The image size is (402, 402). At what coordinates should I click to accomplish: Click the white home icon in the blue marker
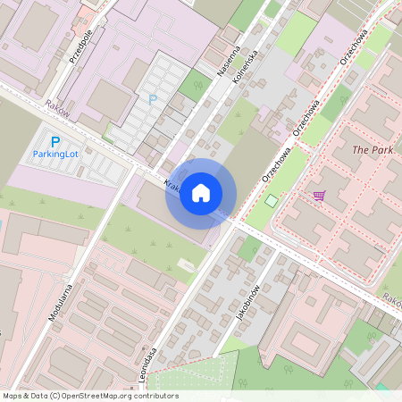(x=201, y=193)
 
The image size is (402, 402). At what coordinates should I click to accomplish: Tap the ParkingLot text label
(x=55, y=154)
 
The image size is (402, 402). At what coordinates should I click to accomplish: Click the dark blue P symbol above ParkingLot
(x=54, y=141)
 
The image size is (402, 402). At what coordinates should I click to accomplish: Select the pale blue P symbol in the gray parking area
(x=152, y=100)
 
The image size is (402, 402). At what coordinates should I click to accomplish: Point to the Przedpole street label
(x=80, y=45)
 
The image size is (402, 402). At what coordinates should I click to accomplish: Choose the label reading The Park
(x=373, y=150)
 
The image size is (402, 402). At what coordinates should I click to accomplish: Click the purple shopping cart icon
(x=319, y=196)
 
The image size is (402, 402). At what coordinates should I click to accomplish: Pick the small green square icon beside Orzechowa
(x=272, y=200)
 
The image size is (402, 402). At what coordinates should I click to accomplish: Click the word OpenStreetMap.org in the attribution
(x=101, y=396)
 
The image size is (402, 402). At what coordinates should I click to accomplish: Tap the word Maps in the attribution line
(x=13, y=396)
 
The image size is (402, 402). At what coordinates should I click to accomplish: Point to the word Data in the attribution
(x=40, y=396)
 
